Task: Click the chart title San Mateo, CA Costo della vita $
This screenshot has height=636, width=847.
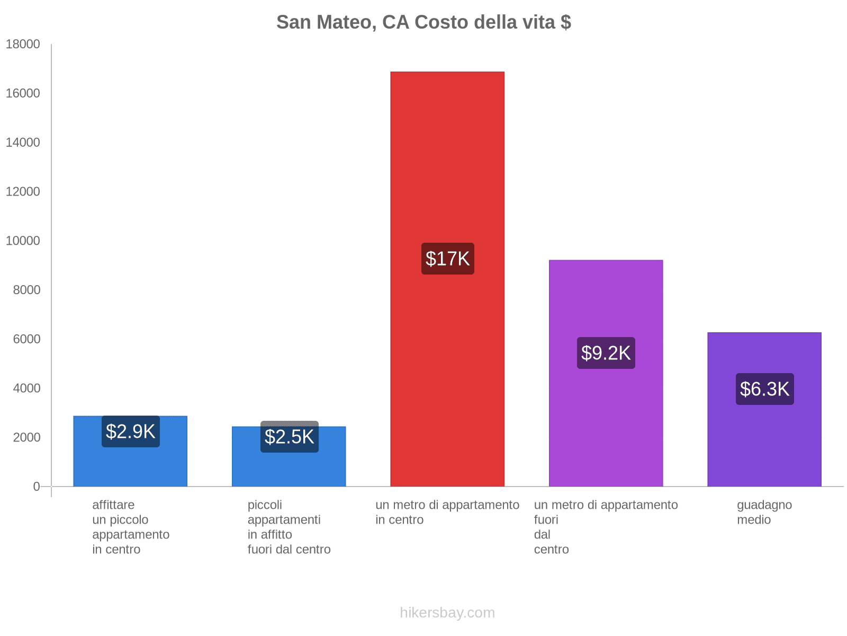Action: (424, 22)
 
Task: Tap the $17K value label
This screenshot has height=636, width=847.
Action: (448, 259)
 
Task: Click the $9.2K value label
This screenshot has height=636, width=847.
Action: (606, 353)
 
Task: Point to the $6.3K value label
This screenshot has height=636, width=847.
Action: (765, 389)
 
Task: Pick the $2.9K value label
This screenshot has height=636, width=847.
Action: (131, 431)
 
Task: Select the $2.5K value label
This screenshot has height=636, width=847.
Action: (290, 437)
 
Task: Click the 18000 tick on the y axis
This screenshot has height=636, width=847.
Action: (23, 44)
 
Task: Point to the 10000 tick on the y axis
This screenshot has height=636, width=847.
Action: (23, 241)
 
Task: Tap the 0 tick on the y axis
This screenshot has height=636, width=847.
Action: (37, 487)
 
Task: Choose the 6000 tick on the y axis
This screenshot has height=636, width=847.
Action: (26, 339)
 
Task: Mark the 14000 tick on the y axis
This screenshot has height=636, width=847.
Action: (23, 143)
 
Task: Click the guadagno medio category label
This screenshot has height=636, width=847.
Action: (764, 512)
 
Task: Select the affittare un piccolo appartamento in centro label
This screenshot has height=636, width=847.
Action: (131, 527)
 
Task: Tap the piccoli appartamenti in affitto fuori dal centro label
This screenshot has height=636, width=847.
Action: (289, 527)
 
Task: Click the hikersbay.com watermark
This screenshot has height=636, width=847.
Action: (447, 613)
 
